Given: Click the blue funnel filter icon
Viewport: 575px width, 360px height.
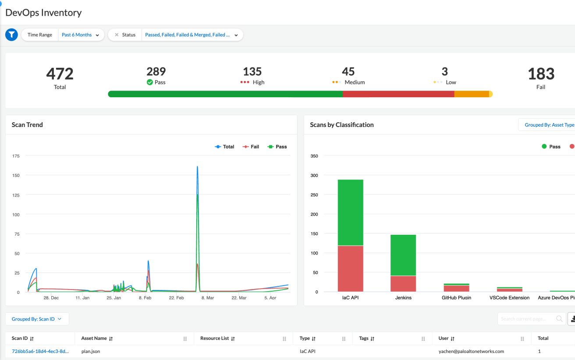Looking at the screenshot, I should (11, 35).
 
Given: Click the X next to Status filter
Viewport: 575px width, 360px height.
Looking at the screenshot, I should (117, 35).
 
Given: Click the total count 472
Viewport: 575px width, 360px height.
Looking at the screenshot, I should (60, 74).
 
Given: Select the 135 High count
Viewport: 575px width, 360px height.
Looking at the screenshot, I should (252, 71).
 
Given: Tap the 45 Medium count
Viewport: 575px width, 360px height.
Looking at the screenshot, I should (348, 71).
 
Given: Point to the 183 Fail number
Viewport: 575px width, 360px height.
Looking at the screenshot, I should (541, 74).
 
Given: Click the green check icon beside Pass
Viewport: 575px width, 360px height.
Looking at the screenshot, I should (149, 82).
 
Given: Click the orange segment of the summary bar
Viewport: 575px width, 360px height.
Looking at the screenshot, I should (471, 94).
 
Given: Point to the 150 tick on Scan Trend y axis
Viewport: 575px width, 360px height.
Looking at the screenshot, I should (16, 175).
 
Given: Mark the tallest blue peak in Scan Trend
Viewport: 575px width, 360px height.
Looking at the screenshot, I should (197, 167).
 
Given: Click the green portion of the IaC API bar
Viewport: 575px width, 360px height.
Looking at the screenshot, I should (350, 212).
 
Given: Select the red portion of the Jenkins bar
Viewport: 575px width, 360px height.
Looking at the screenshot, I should (403, 284).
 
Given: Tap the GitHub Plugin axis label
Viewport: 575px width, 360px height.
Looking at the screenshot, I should (456, 298).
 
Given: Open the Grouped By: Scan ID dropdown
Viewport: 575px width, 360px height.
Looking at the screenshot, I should (37, 319).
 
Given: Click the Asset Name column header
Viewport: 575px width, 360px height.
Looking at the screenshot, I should (94, 339).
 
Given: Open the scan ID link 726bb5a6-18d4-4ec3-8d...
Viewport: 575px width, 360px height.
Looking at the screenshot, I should (40, 351).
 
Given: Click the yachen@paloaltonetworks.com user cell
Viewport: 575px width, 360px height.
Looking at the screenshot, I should (471, 351).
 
